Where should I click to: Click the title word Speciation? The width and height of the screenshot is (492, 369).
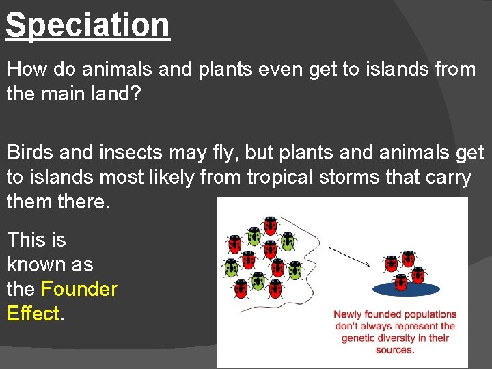(87, 25)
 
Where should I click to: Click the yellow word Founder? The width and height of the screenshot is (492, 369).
(79, 289)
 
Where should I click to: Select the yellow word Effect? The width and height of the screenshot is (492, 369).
(33, 314)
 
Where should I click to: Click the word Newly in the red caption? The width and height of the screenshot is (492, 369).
(348, 315)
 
